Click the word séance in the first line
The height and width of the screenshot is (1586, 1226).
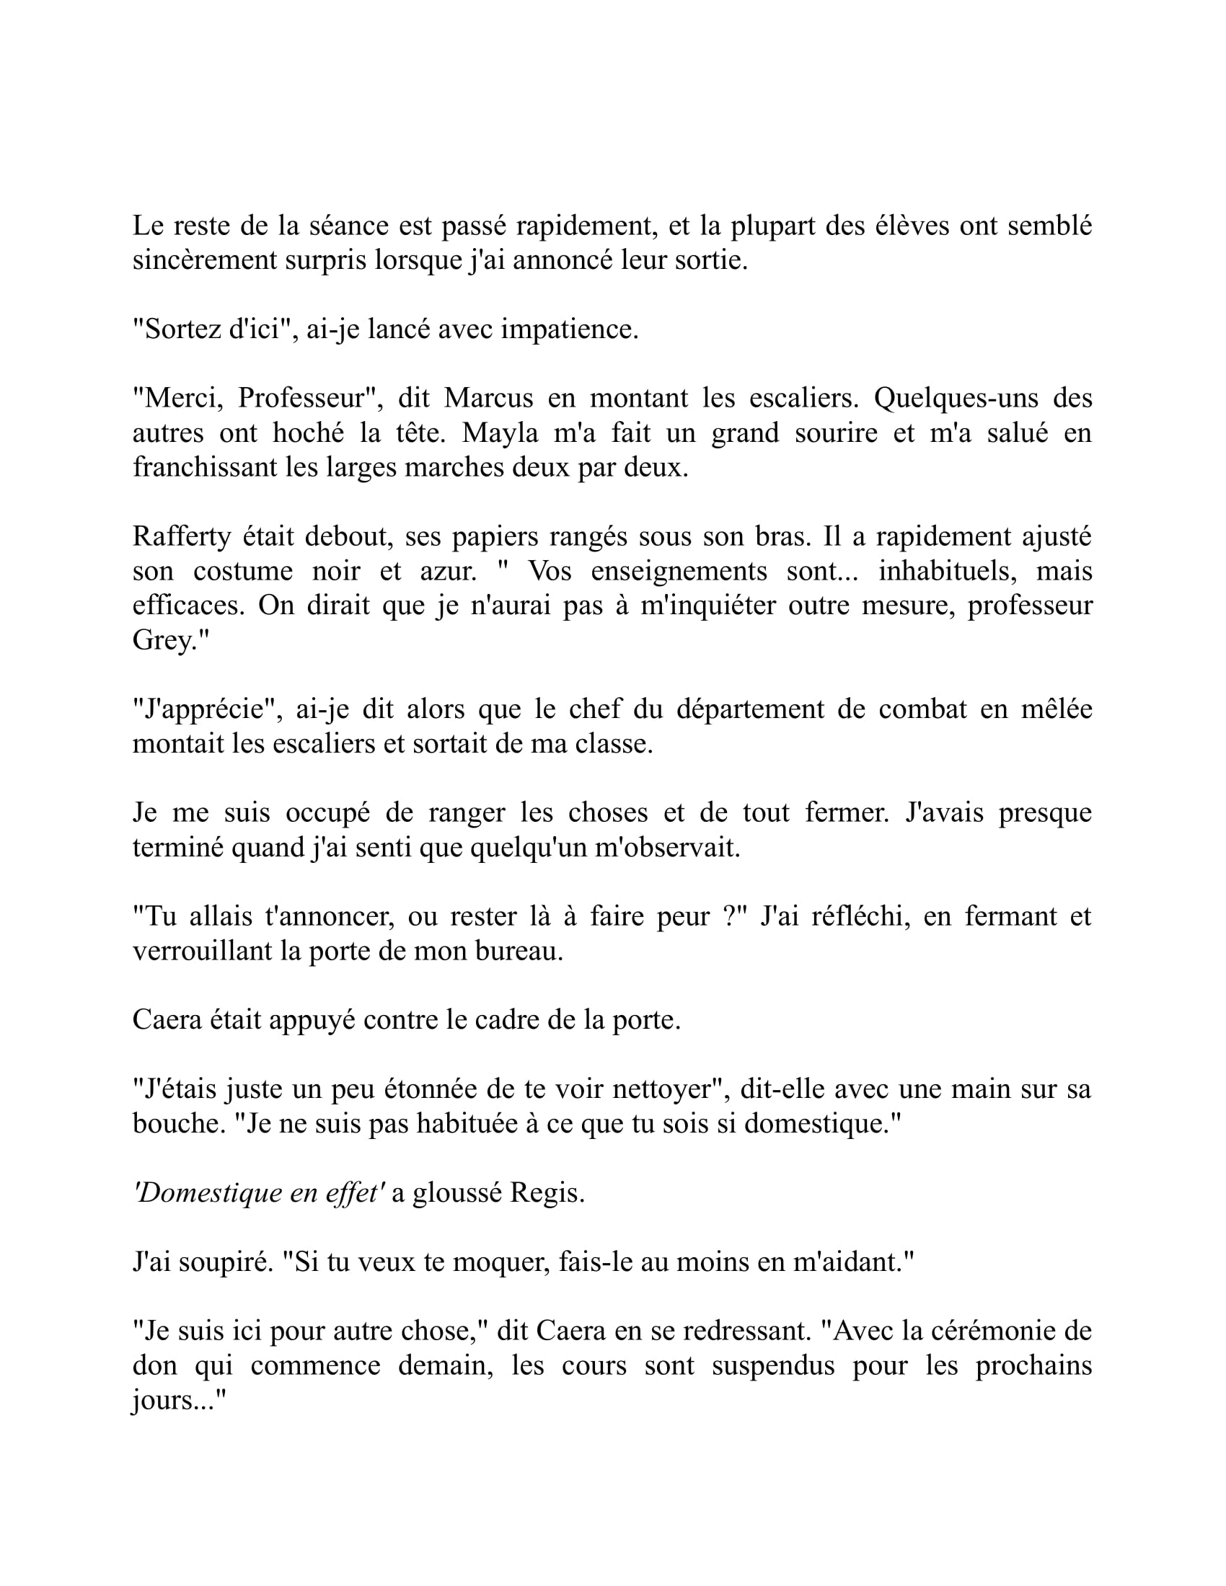348,226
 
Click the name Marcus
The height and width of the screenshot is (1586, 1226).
488,398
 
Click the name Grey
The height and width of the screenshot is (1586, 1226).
166,640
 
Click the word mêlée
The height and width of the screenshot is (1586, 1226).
1056,709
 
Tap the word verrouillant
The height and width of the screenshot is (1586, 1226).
201,952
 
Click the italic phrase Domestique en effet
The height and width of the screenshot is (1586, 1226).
259,1193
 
